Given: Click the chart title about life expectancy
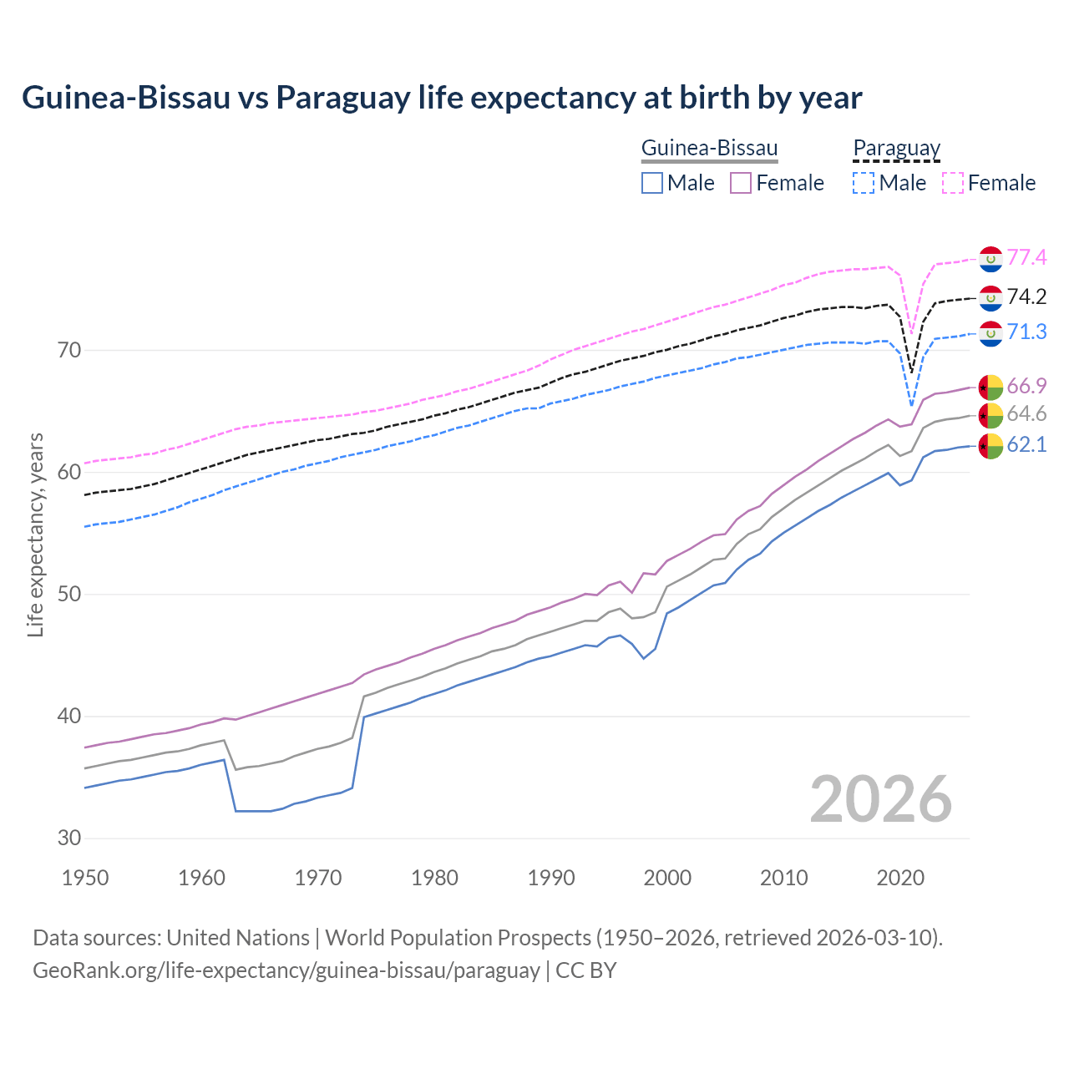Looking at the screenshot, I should pyautogui.click(x=442, y=98).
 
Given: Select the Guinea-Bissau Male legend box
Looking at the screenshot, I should pyautogui.click(x=652, y=183).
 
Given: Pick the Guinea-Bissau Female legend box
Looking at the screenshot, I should pyautogui.click(x=741, y=183).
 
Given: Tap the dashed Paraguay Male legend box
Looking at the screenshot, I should pyautogui.click(x=864, y=183).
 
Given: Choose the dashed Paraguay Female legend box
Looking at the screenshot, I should pyautogui.click(x=953, y=183).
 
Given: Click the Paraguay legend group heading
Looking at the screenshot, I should pyautogui.click(x=896, y=149).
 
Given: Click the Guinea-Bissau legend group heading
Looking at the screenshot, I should pyautogui.click(x=709, y=149).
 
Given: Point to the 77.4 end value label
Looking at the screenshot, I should pyautogui.click(x=1026, y=257).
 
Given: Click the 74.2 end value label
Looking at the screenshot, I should pyautogui.click(x=1026, y=296).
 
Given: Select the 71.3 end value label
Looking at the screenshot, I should pyautogui.click(x=1026, y=332).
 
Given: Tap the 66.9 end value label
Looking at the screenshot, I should pyautogui.click(x=1026, y=386).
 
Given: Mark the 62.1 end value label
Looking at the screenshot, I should pyautogui.click(x=1026, y=444).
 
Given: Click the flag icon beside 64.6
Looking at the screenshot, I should pyautogui.click(x=990, y=415).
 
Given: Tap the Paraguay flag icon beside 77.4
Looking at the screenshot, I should pyautogui.click(x=990, y=259).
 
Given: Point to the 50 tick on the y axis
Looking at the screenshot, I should pyautogui.click(x=69, y=594).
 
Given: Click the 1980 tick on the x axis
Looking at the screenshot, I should pyautogui.click(x=434, y=878).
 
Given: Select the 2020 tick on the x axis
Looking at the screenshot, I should pyautogui.click(x=899, y=878).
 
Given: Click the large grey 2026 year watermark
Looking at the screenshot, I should pyautogui.click(x=880, y=799).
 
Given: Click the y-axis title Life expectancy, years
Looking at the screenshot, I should pyautogui.click(x=35, y=534).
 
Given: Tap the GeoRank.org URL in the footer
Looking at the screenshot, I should pyautogui.click(x=286, y=970).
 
